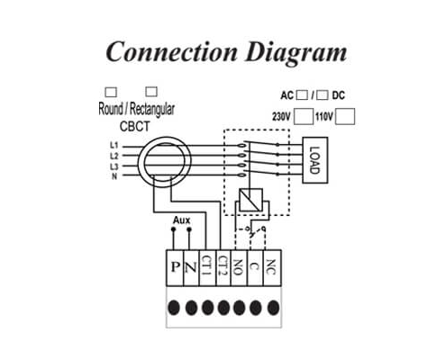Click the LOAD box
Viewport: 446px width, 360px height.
coord(314,160)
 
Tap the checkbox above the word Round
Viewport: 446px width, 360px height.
coord(111,92)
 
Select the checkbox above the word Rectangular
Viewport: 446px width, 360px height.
coord(151,92)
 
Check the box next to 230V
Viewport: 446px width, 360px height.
coord(304,116)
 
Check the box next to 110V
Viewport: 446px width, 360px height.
coord(345,116)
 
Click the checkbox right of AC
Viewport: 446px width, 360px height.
coord(302,95)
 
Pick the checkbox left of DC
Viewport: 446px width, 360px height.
coord(323,95)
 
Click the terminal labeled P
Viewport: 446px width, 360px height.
coord(175,268)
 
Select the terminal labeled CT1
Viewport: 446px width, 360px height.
coord(207,268)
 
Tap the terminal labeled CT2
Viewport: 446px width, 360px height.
coord(223,268)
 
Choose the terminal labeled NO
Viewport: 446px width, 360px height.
coord(239,268)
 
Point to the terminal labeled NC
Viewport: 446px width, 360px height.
coord(272,268)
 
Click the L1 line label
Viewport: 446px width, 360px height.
coord(114,145)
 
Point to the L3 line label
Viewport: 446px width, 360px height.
coord(114,166)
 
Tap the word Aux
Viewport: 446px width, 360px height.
coord(181,220)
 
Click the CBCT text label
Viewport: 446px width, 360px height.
coord(134,126)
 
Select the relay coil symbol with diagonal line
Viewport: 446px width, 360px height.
coord(250,200)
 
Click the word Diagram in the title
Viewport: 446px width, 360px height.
coord(296,52)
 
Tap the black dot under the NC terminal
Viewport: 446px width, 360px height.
coord(273,308)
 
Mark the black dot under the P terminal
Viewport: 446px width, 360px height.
coord(174,308)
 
